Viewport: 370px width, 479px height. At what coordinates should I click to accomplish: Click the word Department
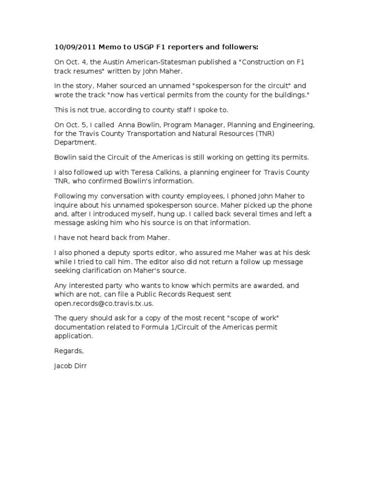click(75, 143)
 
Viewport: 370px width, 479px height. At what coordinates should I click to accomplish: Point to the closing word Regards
click(69, 351)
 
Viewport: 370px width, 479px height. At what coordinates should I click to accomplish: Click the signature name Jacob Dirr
click(71, 366)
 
